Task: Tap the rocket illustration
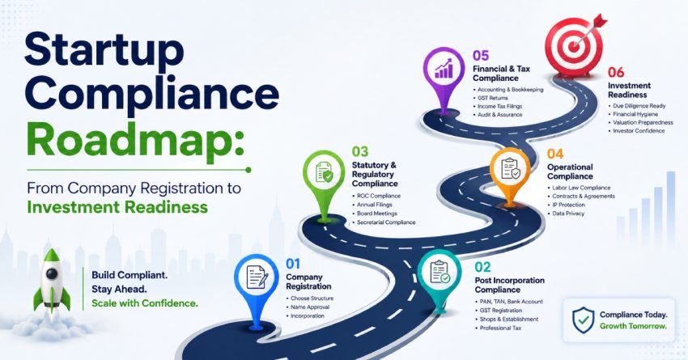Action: pos(52,281)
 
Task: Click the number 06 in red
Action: pos(616,72)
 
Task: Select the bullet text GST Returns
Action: pos(493,98)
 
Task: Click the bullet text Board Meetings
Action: pos(377,214)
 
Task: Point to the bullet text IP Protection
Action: pos(568,205)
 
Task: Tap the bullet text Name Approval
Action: pos(310,307)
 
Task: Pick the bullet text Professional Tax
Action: pos(500,328)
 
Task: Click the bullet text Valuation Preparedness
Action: pos(643,122)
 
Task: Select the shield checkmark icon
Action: pos(584,320)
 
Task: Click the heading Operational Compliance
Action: pos(570,172)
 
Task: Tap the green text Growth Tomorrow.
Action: pos(633,326)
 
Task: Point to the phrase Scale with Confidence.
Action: pos(145,303)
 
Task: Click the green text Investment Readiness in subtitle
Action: pos(117,206)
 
